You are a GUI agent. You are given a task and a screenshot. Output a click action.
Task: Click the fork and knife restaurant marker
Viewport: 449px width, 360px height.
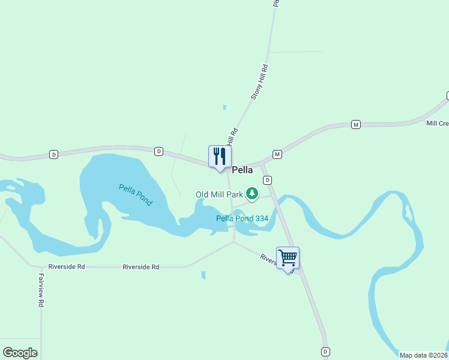(220, 157)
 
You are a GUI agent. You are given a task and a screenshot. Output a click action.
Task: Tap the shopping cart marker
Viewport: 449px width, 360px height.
(288, 258)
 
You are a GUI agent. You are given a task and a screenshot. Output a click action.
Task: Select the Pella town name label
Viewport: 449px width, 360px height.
(243, 170)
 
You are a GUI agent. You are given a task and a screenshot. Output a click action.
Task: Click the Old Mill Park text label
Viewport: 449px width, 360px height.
(219, 194)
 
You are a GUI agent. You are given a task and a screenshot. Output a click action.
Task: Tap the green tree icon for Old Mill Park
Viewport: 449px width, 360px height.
(253, 193)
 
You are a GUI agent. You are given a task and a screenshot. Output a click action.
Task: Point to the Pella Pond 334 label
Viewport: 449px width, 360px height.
(242, 218)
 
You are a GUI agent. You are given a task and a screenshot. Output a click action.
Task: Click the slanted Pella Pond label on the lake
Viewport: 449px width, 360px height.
(136, 195)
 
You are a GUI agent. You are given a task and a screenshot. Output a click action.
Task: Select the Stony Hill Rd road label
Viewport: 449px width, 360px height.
(257, 83)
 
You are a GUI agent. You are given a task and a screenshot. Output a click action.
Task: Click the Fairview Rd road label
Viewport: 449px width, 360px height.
(41, 290)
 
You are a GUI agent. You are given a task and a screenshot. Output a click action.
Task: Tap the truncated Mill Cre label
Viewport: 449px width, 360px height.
(437, 123)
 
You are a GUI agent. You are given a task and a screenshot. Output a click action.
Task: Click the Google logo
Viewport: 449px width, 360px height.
(20, 353)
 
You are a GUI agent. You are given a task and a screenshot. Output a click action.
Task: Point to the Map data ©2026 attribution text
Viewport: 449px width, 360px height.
(423, 355)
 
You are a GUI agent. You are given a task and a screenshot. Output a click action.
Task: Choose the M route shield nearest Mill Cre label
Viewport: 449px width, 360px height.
(356, 124)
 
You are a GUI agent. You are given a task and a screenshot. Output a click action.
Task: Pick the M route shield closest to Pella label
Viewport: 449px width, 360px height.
(277, 154)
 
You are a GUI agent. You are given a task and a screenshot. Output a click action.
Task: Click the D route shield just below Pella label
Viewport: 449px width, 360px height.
(268, 180)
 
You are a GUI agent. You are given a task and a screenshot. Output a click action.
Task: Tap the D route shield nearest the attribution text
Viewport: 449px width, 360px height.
(325, 351)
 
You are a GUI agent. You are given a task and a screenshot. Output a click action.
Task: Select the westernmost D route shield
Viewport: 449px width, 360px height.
(53, 155)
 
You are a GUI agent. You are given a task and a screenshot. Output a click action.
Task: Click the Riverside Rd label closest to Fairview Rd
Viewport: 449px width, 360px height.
(67, 266)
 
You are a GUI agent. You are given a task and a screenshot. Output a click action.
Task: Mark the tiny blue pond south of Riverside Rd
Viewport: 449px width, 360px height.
(203, 275)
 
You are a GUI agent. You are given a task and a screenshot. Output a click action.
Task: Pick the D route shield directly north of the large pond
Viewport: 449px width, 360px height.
(158, 151)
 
